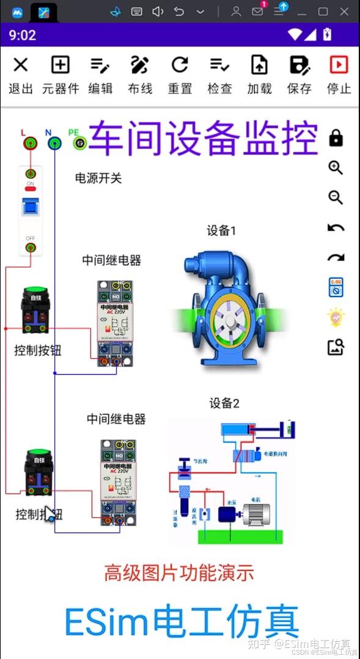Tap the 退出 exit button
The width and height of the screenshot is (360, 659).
(21, 75)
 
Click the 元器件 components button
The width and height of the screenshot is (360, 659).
(60, 75)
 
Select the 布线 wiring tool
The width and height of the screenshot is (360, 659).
(140, 75)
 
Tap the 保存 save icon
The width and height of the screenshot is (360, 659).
(299, 75)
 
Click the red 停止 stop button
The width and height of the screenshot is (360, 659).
(339, 75)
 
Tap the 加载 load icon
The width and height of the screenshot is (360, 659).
(259, 75)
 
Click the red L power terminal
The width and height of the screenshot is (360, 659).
(29, 144)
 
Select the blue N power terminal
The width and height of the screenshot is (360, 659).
(54, 144)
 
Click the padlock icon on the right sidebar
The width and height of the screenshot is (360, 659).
(336, 138)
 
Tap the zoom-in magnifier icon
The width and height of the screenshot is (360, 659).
(336, 168)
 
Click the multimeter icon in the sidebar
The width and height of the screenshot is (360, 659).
(336, 287)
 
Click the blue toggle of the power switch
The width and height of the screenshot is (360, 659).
(29, 207)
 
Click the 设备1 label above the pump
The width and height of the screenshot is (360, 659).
(221, 230)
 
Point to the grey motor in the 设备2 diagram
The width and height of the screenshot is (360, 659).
(257, 512)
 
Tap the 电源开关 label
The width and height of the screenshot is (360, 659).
(98, 178)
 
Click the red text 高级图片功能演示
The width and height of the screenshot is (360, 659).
(178, 573)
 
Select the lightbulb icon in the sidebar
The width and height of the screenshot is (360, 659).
(336, 317)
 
